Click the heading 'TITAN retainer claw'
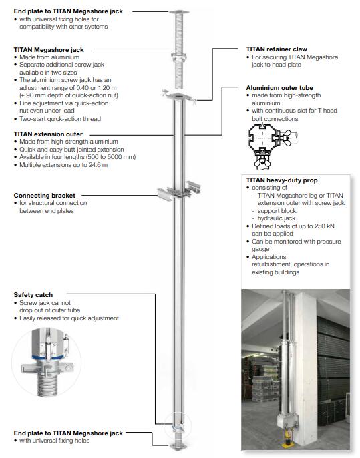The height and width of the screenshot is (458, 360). click(x=277, y=49)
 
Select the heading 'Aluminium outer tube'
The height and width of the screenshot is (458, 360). click(x=279, y=88)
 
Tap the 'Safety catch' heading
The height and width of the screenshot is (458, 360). click(x=33, y=295)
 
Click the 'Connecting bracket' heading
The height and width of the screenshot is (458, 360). click(x=44, y=196)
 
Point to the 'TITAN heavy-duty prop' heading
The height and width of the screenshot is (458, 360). click(x=282, y=180)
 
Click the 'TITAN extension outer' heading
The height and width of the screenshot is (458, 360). click(x=48, y=134)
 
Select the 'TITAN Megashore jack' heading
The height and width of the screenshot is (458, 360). click(x=49, y=50)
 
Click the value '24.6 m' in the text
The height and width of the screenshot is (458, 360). click(x=98, y=165)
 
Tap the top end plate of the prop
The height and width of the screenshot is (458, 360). click(x=179, y=12)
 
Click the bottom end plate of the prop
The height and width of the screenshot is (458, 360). click(x=178, y=446)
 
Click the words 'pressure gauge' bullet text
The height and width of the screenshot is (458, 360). click(x=297, y=246)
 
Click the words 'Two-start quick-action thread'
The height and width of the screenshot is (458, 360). click(x=60, y=119)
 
